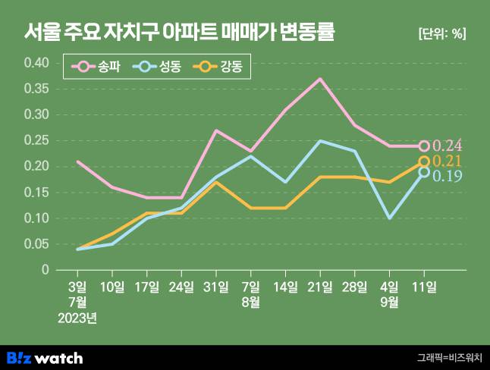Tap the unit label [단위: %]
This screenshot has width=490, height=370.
click(x=441, y=34)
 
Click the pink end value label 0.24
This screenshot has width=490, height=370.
click(x=448, y=146)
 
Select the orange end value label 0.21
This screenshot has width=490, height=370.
click(x=448, y=161)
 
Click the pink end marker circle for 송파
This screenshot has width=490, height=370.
click(x=424, y=146)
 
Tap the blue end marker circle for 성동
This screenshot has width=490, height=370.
click(x=424, y=172)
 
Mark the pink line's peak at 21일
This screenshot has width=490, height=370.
click(x=320, y=78)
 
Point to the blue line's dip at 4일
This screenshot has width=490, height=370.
click(x=389, y=218)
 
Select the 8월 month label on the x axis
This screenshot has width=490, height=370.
click(x=251, y=301)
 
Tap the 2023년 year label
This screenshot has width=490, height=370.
click(x=77, y=317)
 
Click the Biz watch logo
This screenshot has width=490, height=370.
click(x=45, y=357)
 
